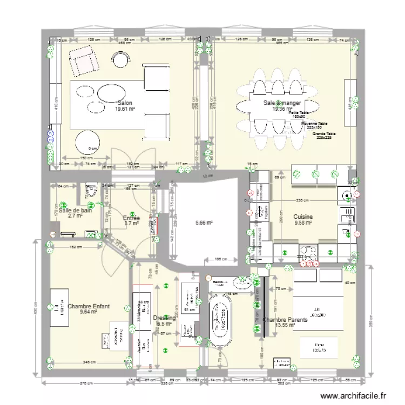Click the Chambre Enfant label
(x=89, y=308)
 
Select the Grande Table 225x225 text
(x=323, y=135)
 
